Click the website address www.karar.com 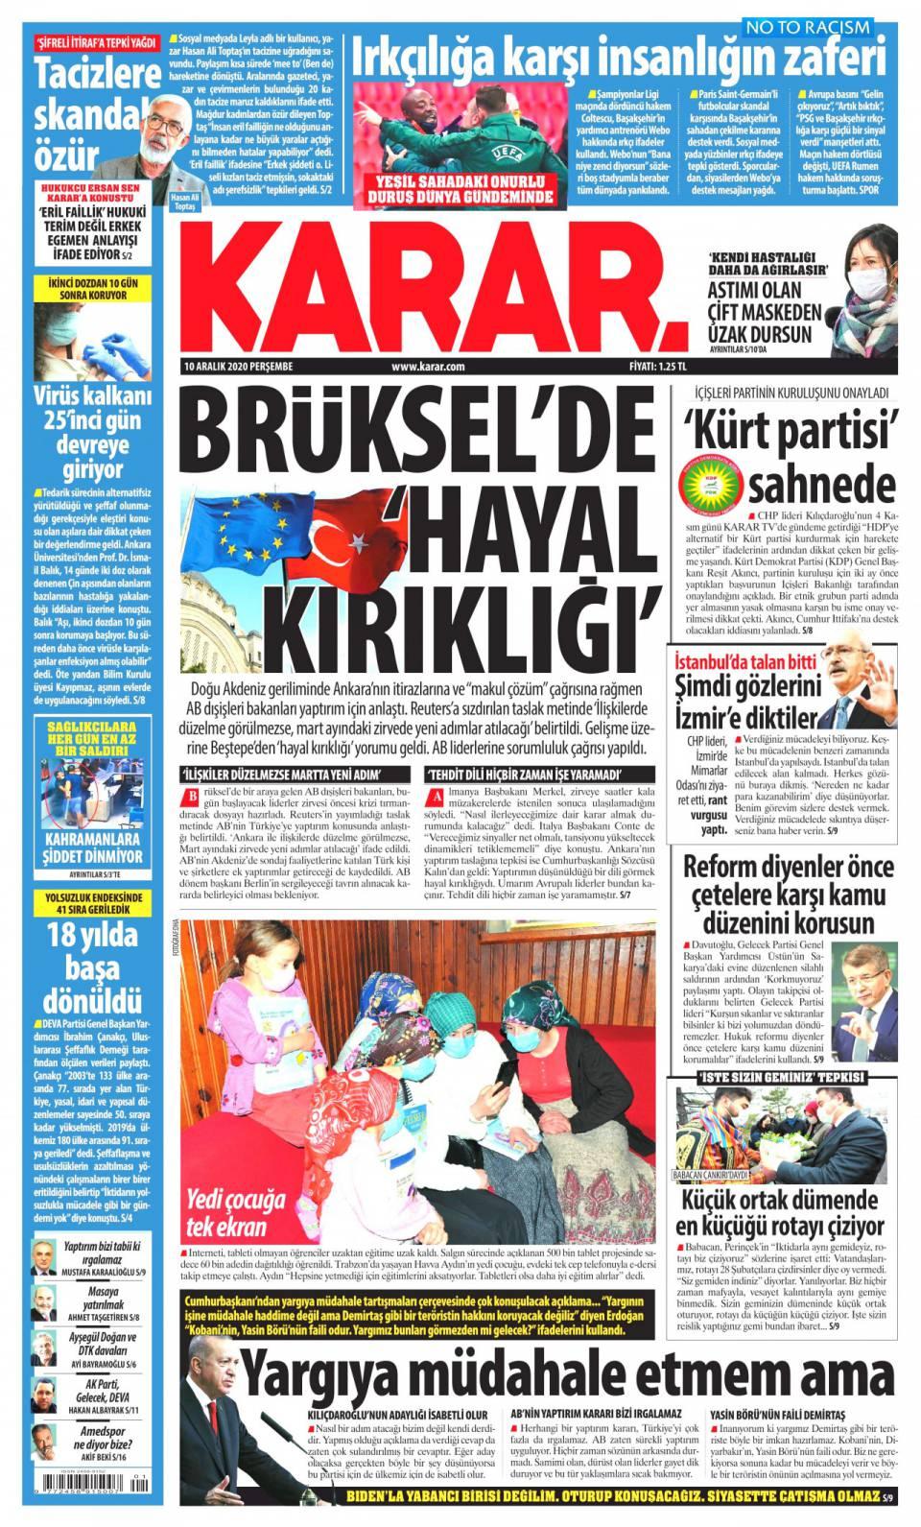pos(428,366)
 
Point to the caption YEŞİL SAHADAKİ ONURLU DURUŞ pos(461,189)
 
